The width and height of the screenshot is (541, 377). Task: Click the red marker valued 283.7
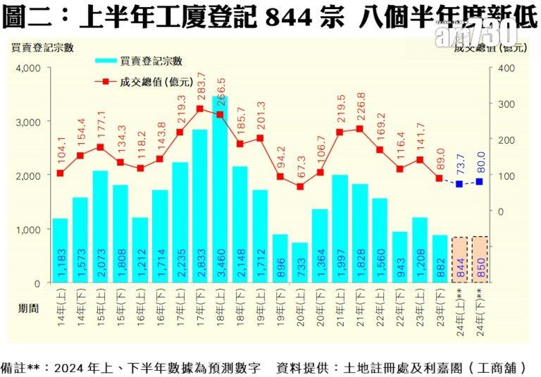(200, 109)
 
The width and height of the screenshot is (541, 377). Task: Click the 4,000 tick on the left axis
(28, 68)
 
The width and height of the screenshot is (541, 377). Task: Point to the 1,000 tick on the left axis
(28, 230)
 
